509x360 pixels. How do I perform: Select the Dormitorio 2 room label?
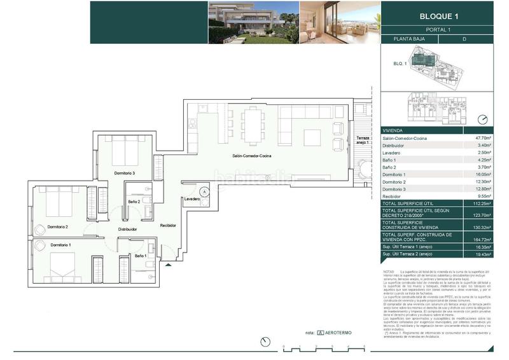[x=57, y=226]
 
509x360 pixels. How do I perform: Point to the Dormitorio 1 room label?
[x=60, y=245]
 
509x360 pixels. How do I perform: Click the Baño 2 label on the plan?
[x=134, y=202]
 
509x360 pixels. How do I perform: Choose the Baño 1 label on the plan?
[x=141, y=256]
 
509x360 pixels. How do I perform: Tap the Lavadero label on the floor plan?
[x=193, y=199]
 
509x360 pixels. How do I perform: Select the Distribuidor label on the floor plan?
[x=128, y=229]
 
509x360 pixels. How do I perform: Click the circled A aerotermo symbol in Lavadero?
[x=204, y=191]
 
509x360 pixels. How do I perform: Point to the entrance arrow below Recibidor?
[x=167, y=265]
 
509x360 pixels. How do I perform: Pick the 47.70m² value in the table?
[x=491, y=138]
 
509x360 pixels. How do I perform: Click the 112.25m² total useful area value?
[x=490, y=204]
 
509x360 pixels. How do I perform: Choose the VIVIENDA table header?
[x=393, y=129]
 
